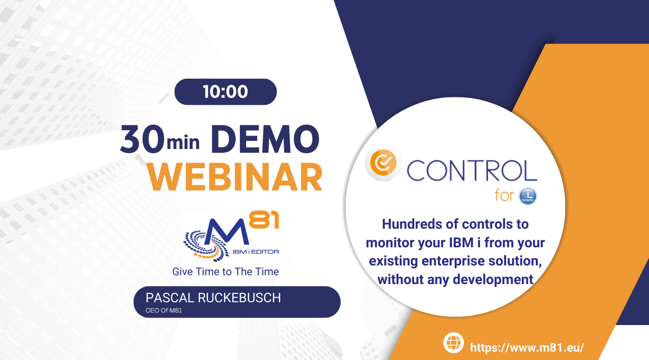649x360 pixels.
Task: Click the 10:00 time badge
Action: pos(225,92)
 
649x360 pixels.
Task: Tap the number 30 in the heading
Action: pos(142,139)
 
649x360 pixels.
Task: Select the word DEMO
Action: pos(265,139)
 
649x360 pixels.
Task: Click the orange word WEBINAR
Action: pos(235,177)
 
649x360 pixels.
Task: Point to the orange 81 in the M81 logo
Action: pos(264,220)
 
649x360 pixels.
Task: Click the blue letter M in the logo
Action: pos(226,231)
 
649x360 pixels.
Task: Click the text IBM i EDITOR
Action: pos(255,252)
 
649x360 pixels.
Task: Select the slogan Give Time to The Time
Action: pos(225,272)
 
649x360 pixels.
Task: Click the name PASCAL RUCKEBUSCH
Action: pos(213,298)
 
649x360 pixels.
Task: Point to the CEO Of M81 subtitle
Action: pos(164,311)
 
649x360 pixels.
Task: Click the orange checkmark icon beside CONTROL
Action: pos(383,163)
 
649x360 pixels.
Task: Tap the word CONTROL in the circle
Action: pos(472,170)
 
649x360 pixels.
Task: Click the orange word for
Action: pos(505,195)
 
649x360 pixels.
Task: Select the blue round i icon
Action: pos(527,196)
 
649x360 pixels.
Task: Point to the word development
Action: pos(493,280)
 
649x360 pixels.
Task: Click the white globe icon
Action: pos(453,343)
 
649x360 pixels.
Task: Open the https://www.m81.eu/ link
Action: pos(527,347)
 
